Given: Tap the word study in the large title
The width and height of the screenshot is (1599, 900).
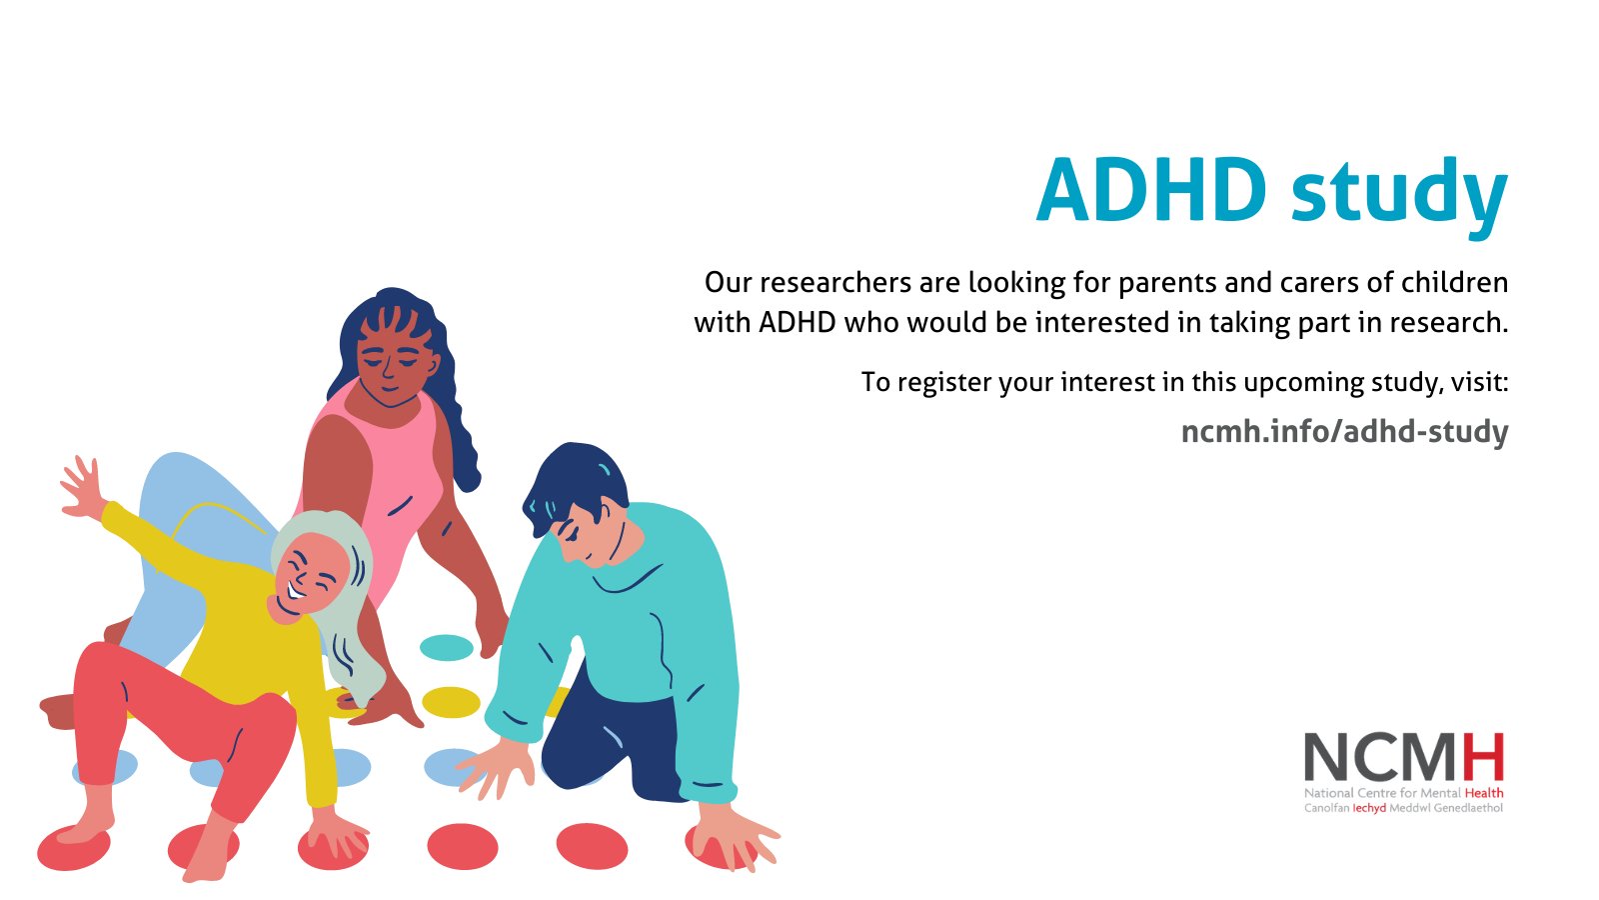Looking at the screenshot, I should (1399, 192).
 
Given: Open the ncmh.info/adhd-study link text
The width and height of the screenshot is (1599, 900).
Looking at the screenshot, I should (1344, 432).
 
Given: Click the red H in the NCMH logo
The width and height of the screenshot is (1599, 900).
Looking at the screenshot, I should (1483, 757).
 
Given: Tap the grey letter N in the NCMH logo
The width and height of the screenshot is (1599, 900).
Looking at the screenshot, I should (1326, 757).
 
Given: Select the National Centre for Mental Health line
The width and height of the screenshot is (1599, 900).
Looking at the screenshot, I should (1403, 793).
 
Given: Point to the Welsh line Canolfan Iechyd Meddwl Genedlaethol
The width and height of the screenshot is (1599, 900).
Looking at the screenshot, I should (1403, 808).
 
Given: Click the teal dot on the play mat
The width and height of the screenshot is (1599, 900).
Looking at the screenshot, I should (446, 647).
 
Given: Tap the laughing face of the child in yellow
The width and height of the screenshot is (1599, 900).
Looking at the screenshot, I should (313, 577).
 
